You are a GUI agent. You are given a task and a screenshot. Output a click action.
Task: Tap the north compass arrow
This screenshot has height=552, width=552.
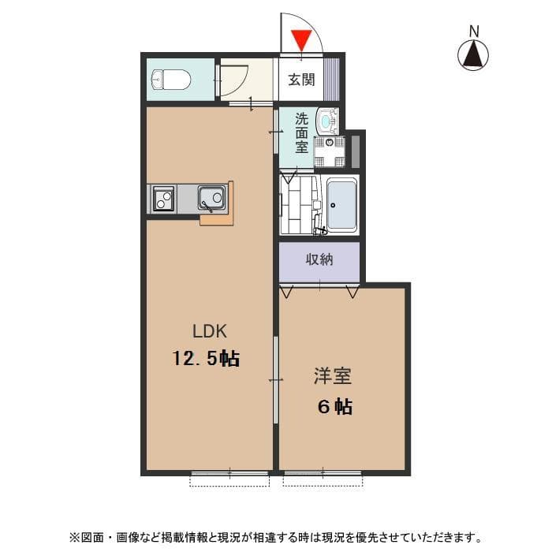click(474, 54)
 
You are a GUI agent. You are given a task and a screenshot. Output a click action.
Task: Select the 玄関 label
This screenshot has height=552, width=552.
click(301, 79)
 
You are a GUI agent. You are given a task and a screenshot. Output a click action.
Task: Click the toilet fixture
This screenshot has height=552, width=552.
click(170, 79)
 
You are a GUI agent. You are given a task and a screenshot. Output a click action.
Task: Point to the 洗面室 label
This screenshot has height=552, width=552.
click(301, 133)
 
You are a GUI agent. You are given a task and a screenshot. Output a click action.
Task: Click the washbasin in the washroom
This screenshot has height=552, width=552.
click(325, 123)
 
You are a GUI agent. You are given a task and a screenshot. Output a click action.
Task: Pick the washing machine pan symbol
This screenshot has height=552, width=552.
click(330, 151)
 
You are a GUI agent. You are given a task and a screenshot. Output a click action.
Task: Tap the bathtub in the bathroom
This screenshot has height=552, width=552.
click(341, 204)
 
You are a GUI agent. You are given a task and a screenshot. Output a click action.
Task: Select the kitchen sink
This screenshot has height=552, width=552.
click(211, 197)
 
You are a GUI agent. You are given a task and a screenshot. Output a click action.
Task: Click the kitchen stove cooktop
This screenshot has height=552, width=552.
click(163, 197)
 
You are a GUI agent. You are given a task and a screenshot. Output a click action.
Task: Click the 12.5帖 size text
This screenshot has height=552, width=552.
click(207, 359)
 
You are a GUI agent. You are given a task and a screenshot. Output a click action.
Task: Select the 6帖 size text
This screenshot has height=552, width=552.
click(334, 407)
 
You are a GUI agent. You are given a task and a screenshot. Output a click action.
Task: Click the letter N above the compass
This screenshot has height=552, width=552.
click(474, 31)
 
